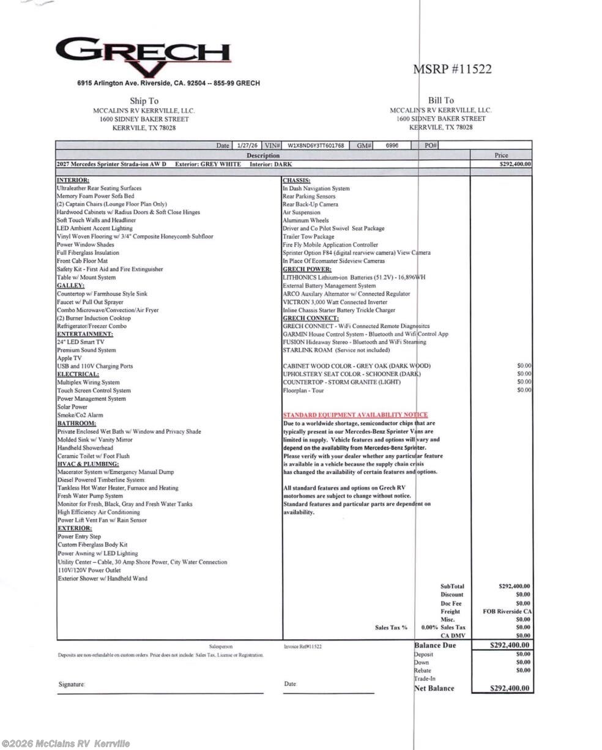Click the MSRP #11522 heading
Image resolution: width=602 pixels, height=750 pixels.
pos(453,69)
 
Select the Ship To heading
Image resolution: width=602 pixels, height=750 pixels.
pos(144,101)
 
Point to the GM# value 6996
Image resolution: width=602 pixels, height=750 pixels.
pos(392,146)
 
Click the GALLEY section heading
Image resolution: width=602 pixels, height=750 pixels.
pos(71,286)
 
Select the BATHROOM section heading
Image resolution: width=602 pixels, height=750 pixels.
pos(76,423)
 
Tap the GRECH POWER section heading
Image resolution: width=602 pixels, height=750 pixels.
pos(307,269)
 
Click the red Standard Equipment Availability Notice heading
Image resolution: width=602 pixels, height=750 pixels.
pos(355,415)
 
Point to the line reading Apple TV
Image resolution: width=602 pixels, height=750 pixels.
pos(69,358)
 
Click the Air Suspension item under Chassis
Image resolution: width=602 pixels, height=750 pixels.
pos(302,212)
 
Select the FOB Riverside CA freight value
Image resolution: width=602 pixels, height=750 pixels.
pos(507,611)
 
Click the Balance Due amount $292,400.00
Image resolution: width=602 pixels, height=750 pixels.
pos(510,645)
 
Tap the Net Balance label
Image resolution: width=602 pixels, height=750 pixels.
pos(434,688)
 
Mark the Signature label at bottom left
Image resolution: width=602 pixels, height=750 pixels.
pos(72,685)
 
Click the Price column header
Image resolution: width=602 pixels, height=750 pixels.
pos(500,155)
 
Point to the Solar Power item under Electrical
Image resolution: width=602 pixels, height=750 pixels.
pos(73,407)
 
